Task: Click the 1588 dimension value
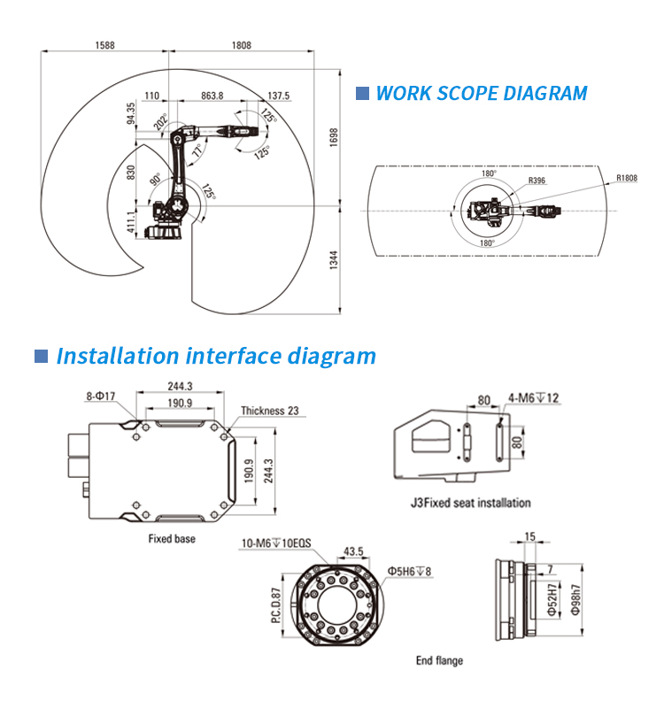pos(104,45)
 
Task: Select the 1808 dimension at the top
pos(241,45)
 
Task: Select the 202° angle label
pos(159,121)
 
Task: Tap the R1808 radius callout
pos(626,178)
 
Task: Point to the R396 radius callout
pos(537,181)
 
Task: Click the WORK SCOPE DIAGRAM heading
pos(482,93)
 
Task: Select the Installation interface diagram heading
pos(216,357)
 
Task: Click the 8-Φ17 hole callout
pos(101,397)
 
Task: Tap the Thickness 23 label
pos(269,411)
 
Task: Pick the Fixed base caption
pos(172,538)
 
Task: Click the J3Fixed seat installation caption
pos(470,503)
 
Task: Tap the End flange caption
pos(439,660)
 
